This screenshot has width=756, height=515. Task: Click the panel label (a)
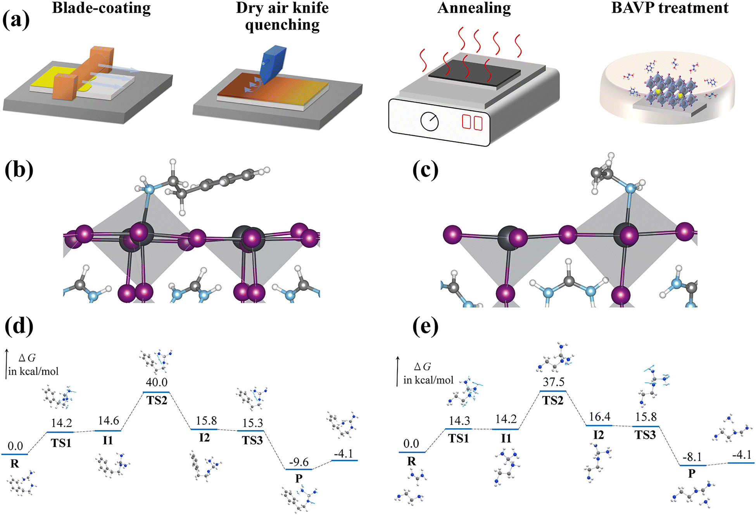pos(16,20)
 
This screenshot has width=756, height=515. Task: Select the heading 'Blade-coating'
pos(101,8)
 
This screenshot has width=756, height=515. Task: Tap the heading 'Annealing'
pos(474,8)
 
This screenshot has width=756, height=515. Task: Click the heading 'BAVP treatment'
pos(670,8)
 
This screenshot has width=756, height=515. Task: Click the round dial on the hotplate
pos(430,122)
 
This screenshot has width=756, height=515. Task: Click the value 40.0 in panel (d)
pos(157,382)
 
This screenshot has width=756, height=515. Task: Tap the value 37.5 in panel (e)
pos(553,382)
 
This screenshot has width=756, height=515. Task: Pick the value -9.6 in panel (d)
pos(299,462)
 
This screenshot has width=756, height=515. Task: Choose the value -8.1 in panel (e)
pos(692,457)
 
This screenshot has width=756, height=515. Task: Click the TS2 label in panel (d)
pos(157,400)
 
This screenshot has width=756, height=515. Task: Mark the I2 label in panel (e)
pos(599,435)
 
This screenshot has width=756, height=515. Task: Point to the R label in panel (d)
pos(15,464)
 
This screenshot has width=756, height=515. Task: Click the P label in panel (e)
pos(692,474)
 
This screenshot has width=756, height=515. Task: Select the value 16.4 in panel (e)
pos(599,417)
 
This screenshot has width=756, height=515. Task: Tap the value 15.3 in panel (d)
pos(252,423)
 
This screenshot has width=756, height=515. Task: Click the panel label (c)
pos(425,171)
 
